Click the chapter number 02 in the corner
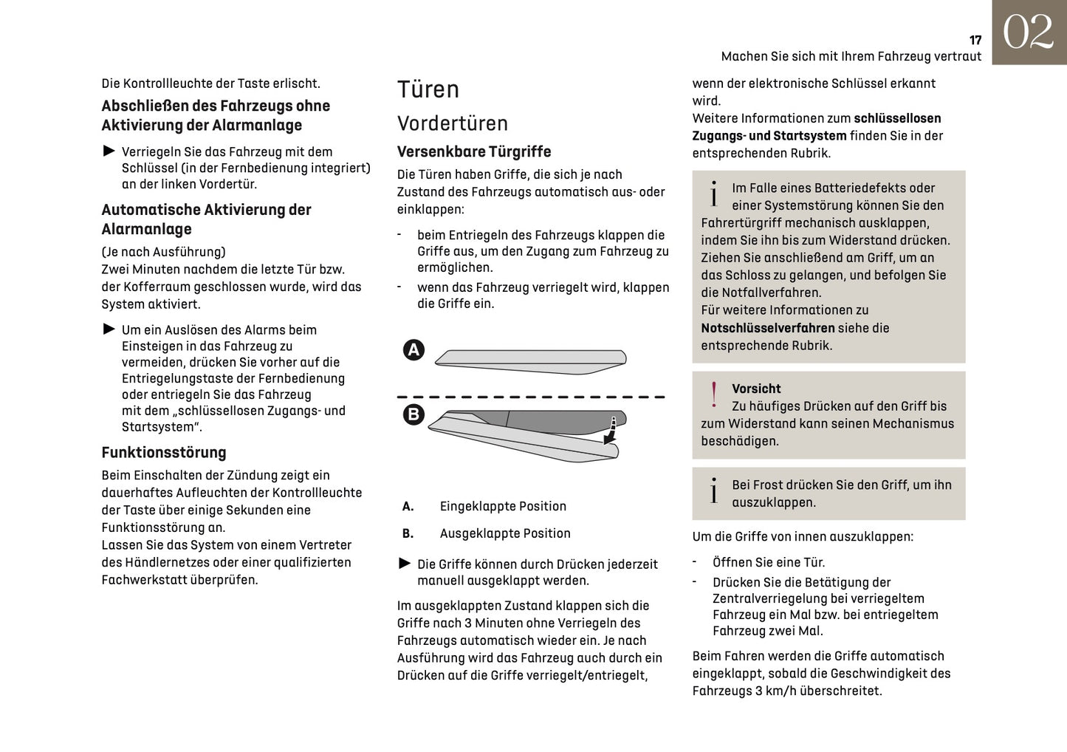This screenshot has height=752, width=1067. tap(1028, 33)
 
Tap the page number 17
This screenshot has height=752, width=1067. tap(975, 41)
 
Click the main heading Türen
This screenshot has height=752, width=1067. tap(428, 89)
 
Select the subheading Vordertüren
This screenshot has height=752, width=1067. tap(453, 123)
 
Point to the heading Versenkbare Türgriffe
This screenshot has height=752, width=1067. tap(474, 151)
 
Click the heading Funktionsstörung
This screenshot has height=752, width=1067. tap(164, 452)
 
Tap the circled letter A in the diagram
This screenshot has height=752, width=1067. tap(414, 349)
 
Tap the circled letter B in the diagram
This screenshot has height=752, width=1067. tap(414, 414)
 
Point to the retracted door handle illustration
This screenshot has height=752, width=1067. tap(530, 358)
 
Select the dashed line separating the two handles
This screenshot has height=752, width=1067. tap(530, 397)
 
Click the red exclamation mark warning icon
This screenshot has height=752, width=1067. tap(713, 395)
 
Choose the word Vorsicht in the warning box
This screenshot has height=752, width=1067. tap(756, 389)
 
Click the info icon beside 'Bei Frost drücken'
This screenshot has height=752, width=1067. tap(713, 490)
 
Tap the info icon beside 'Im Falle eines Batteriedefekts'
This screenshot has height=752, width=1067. tap(713, 194)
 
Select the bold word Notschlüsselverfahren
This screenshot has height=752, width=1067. tap(768, 328)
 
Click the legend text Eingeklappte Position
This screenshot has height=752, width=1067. tap(503, 506)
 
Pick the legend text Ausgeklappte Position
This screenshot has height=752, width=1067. tap(505, 533)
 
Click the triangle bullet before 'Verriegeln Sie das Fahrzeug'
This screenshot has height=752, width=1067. tap(109, 151)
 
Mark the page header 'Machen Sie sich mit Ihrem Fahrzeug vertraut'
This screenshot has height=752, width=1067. tap(851, 57)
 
